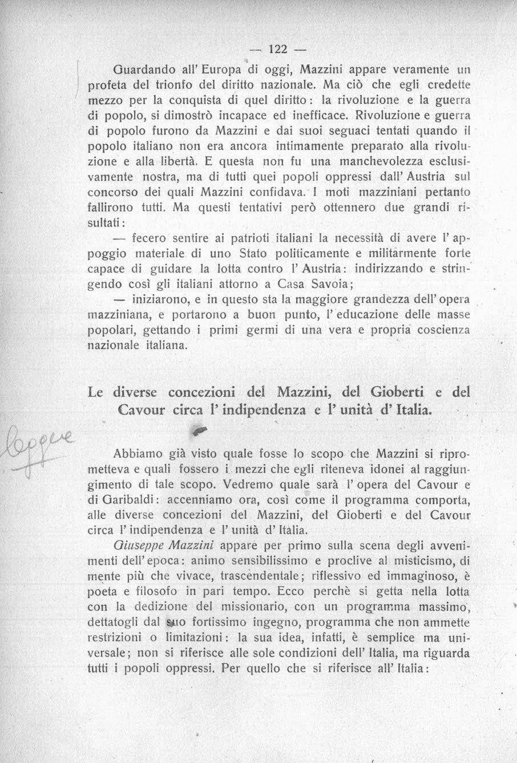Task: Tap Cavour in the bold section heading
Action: tap(141, 410)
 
